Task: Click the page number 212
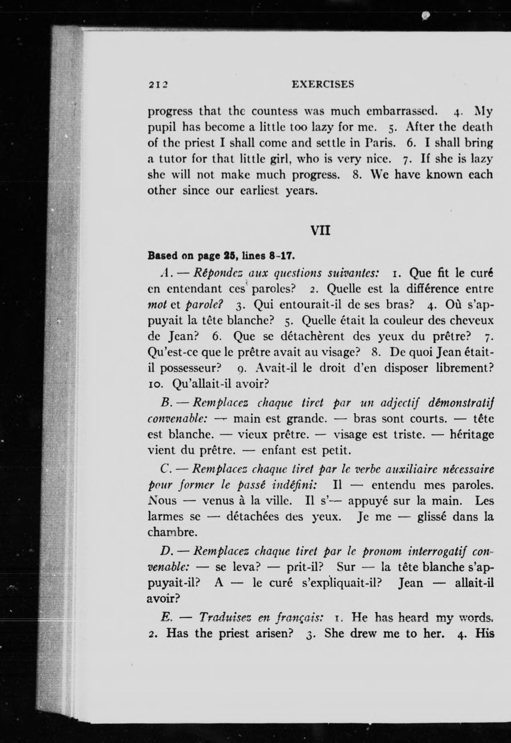point(158,85)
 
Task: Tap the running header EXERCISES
point(323,84)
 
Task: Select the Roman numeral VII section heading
point(321,231)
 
